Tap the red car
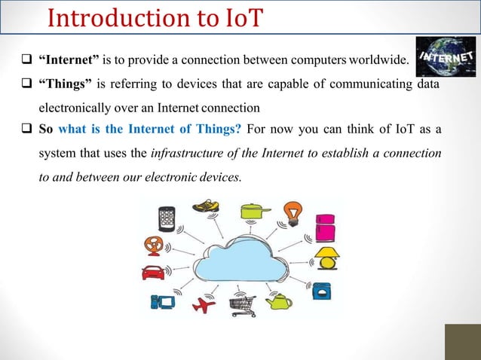click(153, 272)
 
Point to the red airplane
click(204, 305)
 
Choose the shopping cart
click(243, 305)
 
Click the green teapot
click(279, 302)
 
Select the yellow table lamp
click(327, 258)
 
